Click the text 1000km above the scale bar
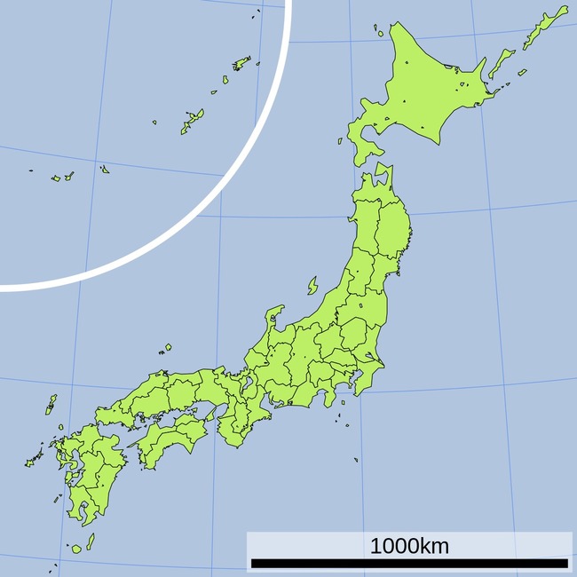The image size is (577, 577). pos(409,546)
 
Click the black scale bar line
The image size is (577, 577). pos(409,563)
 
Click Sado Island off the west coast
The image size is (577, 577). pos(312,286)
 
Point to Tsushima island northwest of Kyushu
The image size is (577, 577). pos(51,405)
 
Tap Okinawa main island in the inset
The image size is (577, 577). pos(191,122)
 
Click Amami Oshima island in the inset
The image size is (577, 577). pos(241,63)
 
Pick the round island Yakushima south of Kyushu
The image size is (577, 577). pos(76,549)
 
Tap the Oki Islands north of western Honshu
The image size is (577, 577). pos(167,348)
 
